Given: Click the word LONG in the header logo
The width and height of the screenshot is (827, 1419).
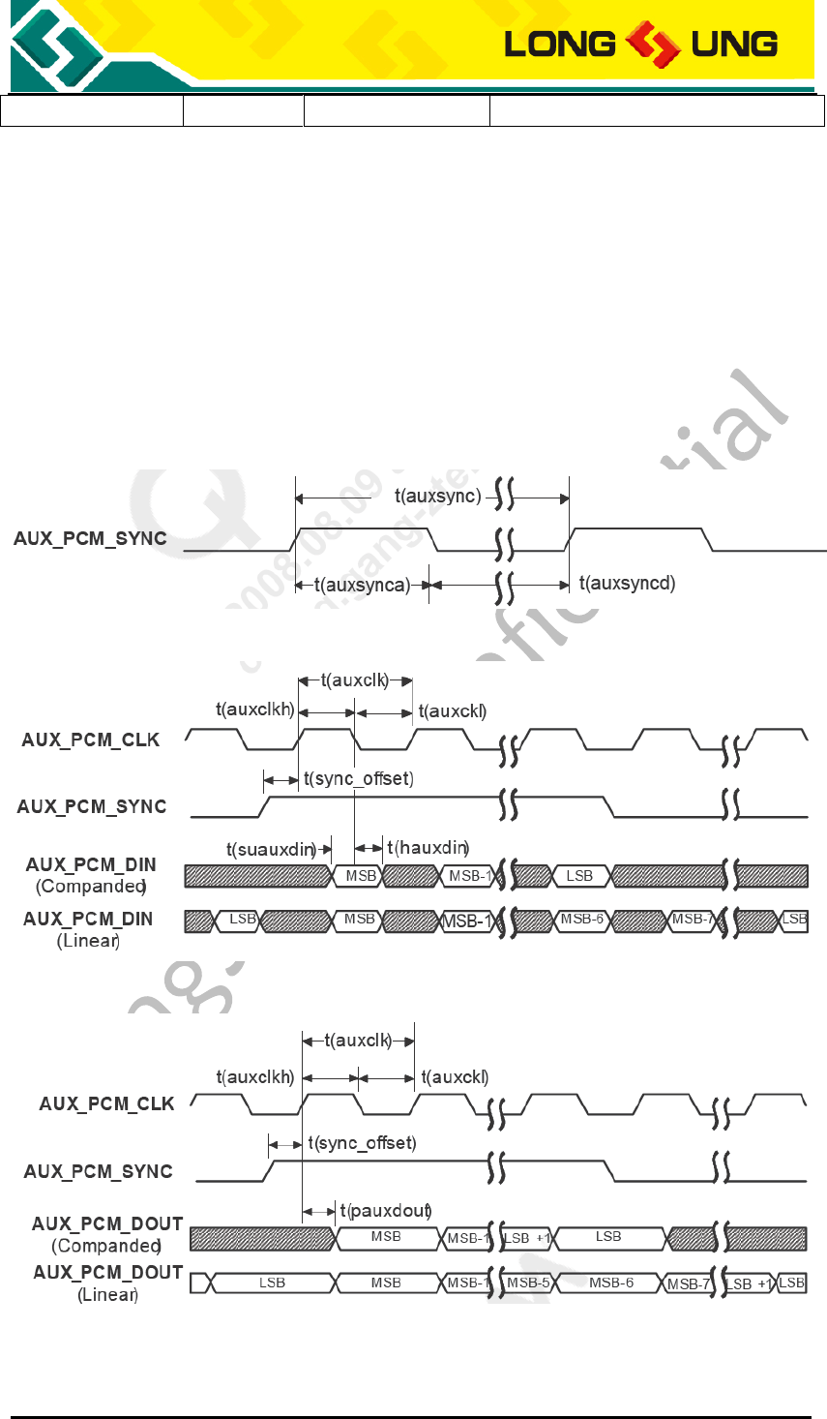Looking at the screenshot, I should [560, 44].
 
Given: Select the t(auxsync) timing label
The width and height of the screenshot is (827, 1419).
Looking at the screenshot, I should [437, 497].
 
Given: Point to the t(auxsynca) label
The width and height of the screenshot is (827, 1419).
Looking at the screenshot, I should [363, 585].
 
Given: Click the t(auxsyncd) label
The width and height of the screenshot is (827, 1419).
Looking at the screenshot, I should [627, 583].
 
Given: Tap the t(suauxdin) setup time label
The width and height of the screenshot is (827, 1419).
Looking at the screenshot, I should [272, 850].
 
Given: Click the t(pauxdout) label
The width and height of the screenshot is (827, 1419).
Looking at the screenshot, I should [385, 1211].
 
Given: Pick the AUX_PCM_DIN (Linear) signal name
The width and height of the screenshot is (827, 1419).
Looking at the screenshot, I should [88, 928].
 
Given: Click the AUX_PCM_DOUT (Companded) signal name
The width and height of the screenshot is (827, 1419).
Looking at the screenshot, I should [107, 1234].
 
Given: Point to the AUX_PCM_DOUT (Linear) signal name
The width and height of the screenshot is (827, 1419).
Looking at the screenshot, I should [108, 1283].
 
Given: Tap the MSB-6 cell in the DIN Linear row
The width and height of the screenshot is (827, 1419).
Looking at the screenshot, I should [582, 919].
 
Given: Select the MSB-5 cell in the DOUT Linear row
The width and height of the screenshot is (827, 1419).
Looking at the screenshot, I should [528, 1283].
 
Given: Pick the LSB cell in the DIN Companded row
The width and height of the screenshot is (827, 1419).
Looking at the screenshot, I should [579, 876].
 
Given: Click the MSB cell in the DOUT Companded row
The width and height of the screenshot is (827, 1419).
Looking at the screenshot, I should [386, 1237].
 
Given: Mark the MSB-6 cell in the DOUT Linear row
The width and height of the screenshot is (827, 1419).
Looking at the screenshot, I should [611, 1283].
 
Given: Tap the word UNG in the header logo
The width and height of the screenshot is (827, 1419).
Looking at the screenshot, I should [734, 44].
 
